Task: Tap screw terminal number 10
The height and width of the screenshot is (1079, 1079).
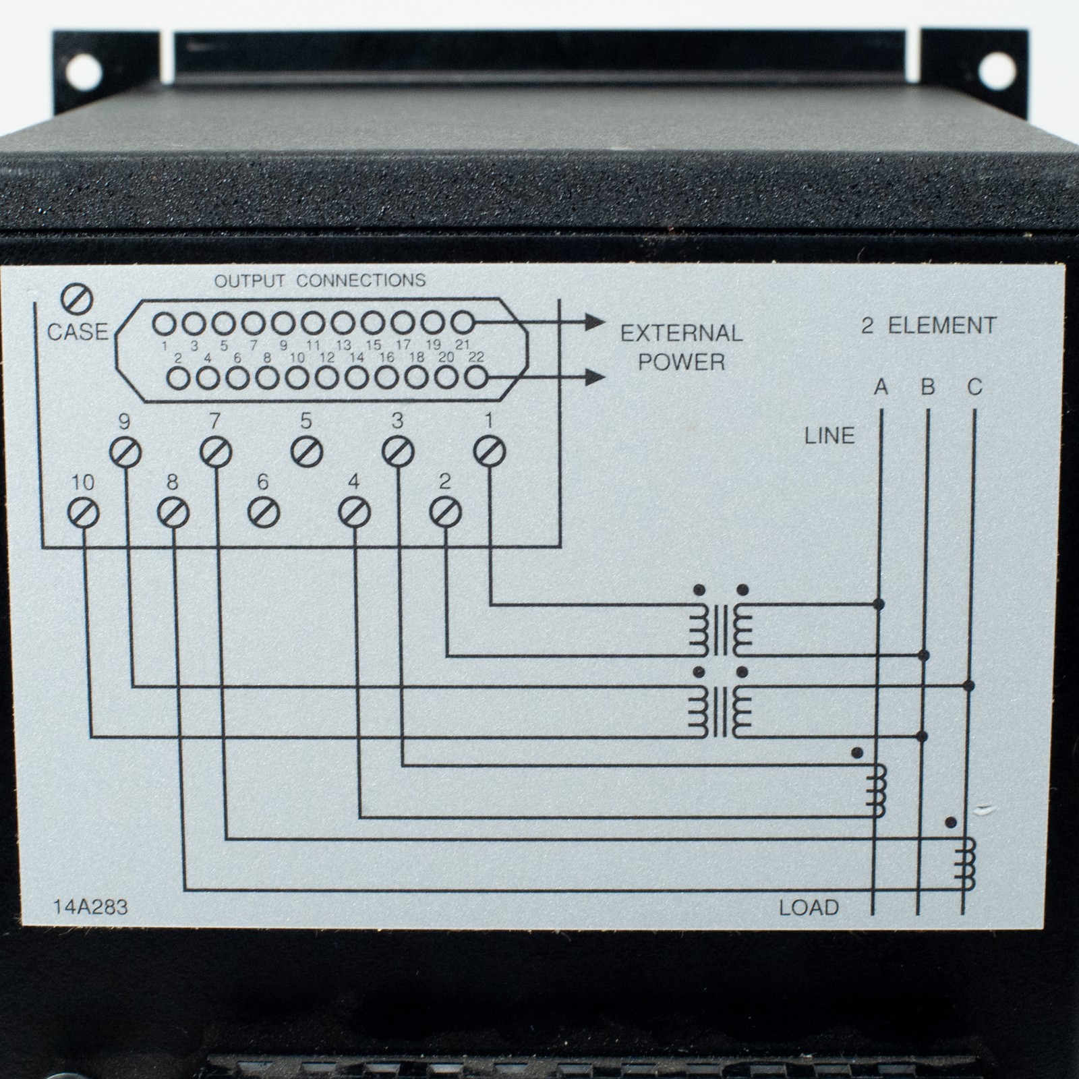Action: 84,514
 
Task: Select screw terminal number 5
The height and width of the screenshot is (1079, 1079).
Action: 307,451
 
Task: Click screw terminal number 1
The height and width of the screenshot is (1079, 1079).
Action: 490,451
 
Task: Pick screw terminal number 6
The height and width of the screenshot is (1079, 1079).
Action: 263,514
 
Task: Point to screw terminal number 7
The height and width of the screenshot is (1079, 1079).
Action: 216,451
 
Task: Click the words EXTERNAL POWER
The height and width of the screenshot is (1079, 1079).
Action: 681,347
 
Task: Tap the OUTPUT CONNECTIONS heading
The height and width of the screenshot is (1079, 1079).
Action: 320,280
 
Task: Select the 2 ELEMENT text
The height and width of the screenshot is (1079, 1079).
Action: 929,326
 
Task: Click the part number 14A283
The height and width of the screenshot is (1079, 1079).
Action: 90,906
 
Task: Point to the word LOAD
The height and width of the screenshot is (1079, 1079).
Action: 809,908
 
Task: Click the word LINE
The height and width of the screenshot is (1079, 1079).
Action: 829,436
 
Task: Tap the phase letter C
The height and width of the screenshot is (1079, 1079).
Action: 975,387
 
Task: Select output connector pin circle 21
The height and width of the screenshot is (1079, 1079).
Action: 462,323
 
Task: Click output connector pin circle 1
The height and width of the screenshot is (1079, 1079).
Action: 163,324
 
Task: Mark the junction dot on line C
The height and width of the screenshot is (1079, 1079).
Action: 969,686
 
